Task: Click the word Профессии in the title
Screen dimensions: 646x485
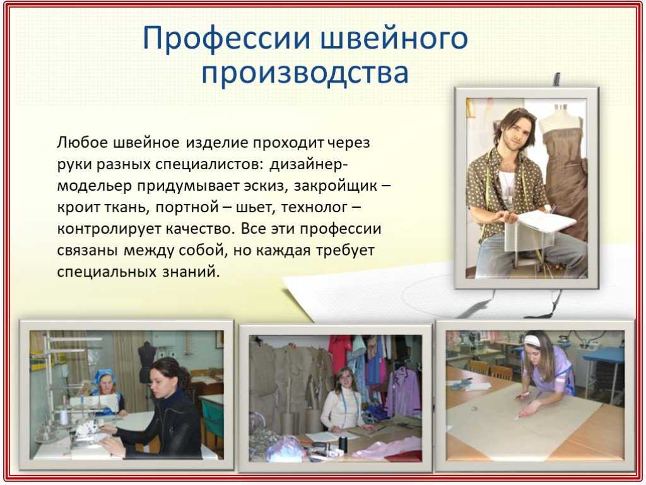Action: (227, 39)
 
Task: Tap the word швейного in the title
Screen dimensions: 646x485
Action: (394, 39)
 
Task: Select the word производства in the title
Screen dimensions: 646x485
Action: (305, 73)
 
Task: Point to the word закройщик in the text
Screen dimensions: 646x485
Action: (336, 186)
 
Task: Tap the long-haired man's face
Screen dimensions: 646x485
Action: (512, 132)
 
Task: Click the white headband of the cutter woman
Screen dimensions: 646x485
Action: (532, 340)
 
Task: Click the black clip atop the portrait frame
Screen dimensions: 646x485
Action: (556, 79)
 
